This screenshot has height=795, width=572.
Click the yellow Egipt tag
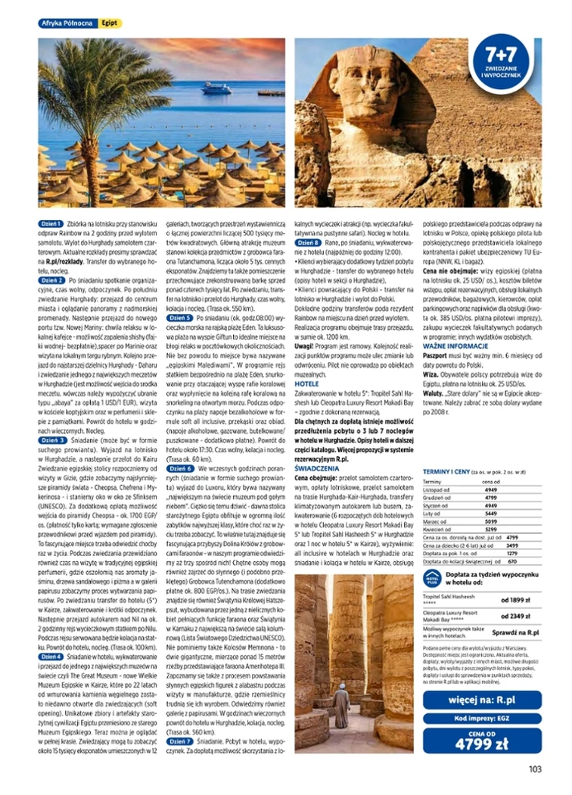pyautogui.click(x=110, y=23)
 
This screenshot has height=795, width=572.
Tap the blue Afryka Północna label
pyautogui.click(x=67, y=23)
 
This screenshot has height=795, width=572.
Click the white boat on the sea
pyautogui.click(x=217, y=89)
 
